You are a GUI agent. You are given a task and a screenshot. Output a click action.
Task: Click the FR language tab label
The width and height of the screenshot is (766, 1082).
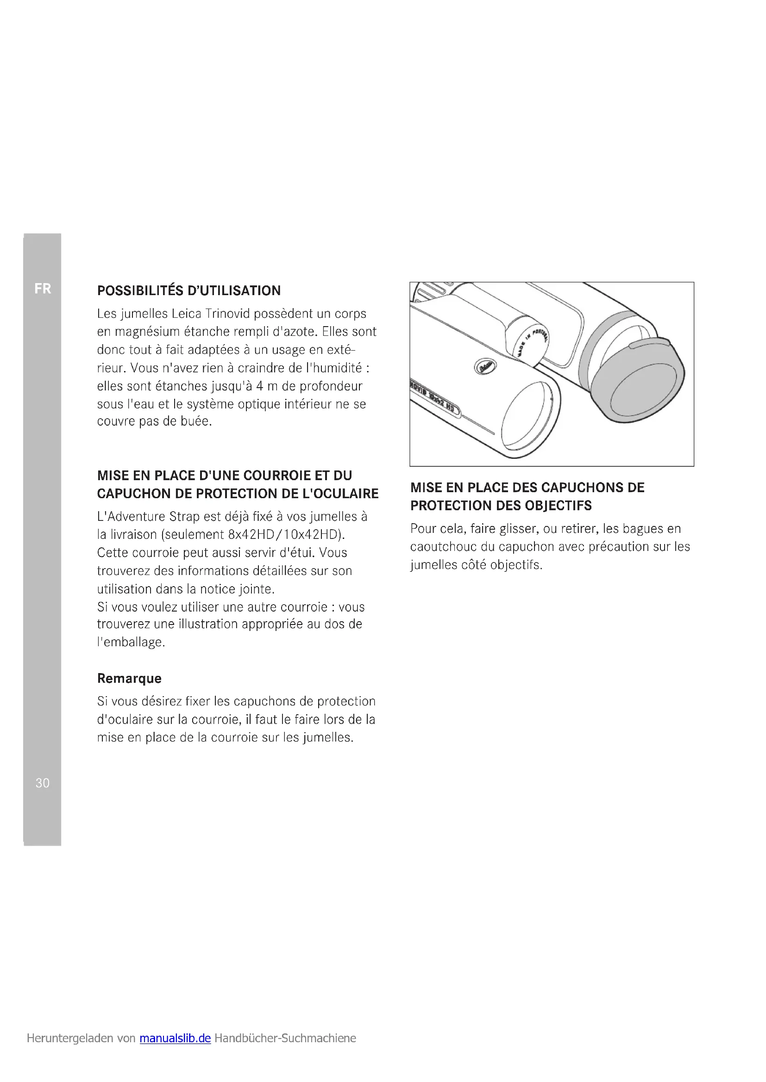[43, 288]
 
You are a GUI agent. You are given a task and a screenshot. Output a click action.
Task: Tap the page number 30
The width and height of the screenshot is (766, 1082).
[43, 783]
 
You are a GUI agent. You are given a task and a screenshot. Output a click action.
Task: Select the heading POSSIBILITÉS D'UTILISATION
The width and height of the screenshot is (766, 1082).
[188, 291]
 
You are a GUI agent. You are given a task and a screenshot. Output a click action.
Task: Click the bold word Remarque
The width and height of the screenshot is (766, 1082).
[129, 678]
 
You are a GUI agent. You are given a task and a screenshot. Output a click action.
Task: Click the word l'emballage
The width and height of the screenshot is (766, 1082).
[131, 643]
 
